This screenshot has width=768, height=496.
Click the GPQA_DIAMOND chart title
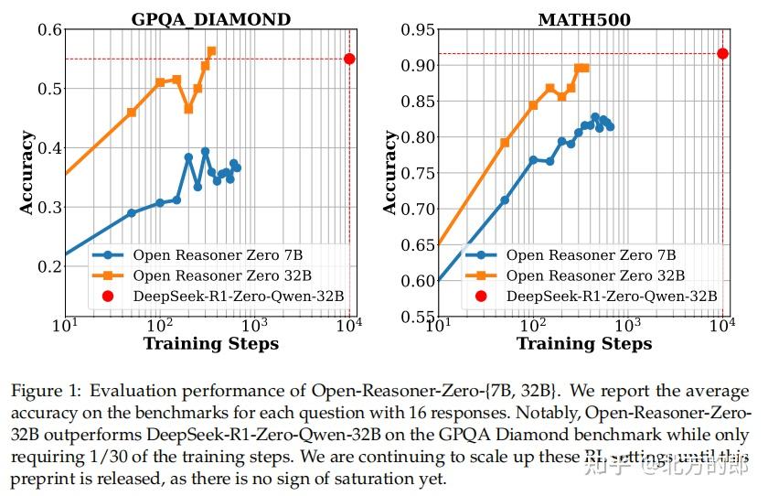coord(210,18)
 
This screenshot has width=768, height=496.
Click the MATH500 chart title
coord(584,18)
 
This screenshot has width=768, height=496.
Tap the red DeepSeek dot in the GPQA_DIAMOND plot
coord(349,59)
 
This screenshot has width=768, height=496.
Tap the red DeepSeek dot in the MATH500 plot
coord(722,53)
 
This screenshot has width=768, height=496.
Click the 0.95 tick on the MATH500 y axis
coord(418,30)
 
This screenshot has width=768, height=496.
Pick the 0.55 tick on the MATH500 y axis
coord(418,317)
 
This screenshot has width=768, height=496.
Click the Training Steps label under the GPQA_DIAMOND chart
coord(210,344)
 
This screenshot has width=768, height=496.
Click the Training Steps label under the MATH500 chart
coord(584,344)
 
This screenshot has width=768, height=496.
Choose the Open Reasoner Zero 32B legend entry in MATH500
coord(594,275)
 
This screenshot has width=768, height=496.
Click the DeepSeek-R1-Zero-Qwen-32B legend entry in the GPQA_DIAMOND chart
coord(239,296)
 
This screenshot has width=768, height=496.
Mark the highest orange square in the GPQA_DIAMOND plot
coord(211,51)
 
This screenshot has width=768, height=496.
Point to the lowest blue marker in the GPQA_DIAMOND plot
coord(132,212)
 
